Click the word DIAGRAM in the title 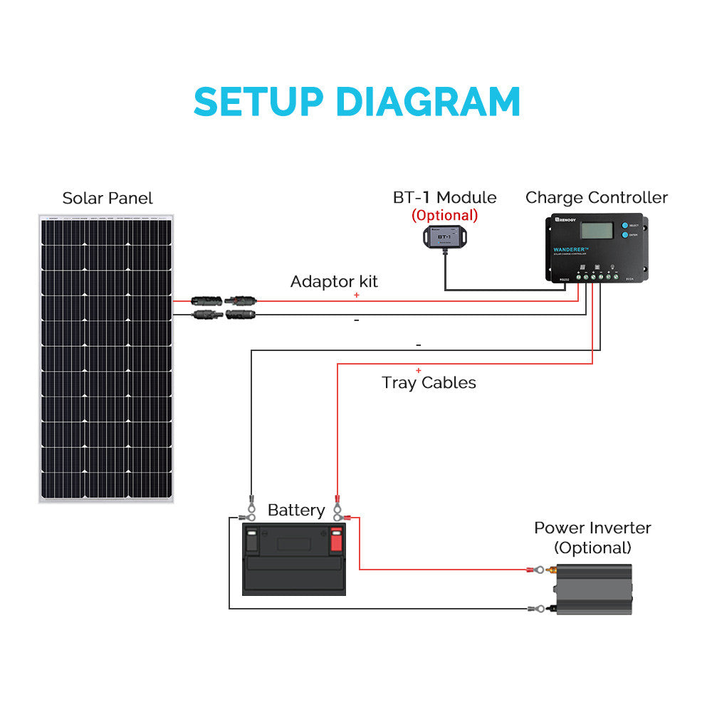pos(428,102)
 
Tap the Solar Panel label pos(108,198)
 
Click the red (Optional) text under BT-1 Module pos(444,215)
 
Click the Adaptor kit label pos(334,281)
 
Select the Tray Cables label pos(429,382)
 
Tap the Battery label pos(296,510)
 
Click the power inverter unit pos(593,590)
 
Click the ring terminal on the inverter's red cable pos(540,570)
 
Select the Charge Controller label pos(597,198)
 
